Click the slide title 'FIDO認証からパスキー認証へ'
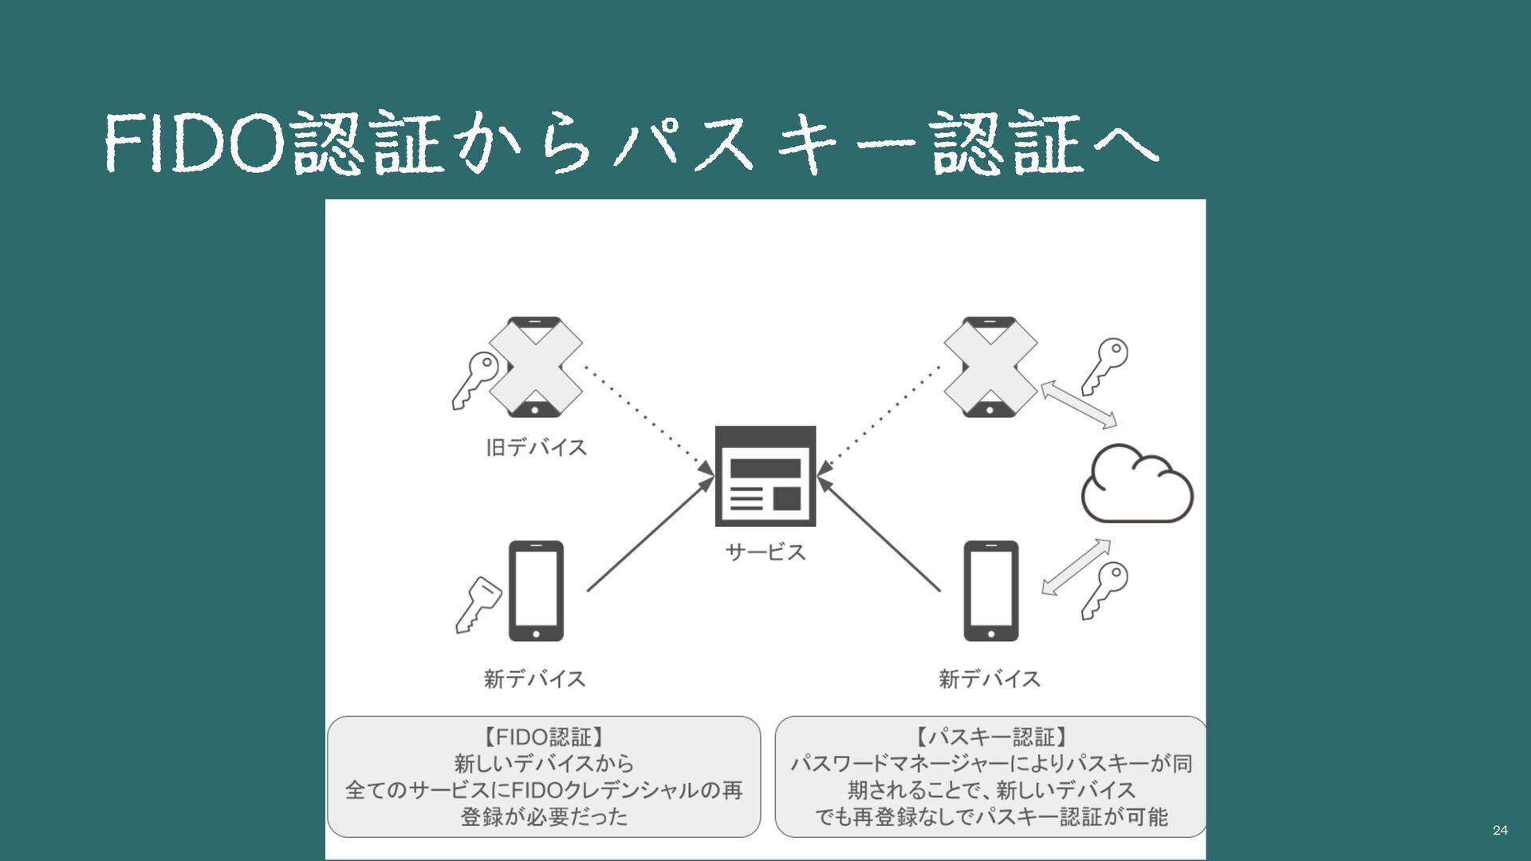point(630,143)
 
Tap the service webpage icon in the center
point(765,476)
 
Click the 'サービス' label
point(765,552)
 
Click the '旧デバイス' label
point(536,447)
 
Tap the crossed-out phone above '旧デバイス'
point(535,367)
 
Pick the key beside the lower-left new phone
point(478,604)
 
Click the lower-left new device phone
point(536,591)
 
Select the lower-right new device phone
point(990,591)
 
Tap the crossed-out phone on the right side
point(990,367)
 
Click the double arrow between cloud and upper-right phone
point(1078,404)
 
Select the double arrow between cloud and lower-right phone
point(1076,567)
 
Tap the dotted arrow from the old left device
point(647,417)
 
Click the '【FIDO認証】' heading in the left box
point(544,737)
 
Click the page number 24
point(1500,830)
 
